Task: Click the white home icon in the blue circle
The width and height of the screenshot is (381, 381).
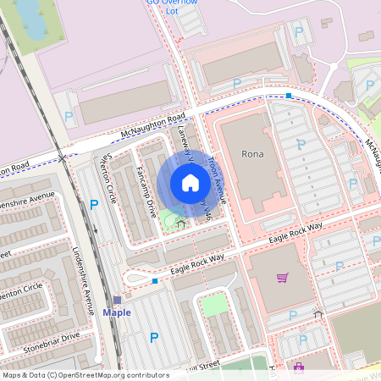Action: tap(190, 183)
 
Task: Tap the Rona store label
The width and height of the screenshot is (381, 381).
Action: tap(253, 154)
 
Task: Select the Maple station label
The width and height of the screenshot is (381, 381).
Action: tap(117, 312)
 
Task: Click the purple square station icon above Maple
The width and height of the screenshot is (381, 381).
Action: tap(117, 300)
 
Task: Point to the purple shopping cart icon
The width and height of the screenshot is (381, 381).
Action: tap(282, 277)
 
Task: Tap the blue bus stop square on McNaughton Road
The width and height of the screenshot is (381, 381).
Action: tap(289, 96)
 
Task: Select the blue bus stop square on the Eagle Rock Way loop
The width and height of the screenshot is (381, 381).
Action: tap(154, 280)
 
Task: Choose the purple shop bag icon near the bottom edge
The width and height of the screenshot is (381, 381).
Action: tap(298, 367)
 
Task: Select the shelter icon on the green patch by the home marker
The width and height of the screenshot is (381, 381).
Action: tap(180, 224)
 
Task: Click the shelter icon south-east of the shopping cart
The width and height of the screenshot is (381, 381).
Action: tap(317, 313)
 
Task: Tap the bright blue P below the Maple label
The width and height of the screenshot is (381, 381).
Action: tap(153, 338)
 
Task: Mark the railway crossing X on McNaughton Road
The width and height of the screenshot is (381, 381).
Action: tap(63, 157)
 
